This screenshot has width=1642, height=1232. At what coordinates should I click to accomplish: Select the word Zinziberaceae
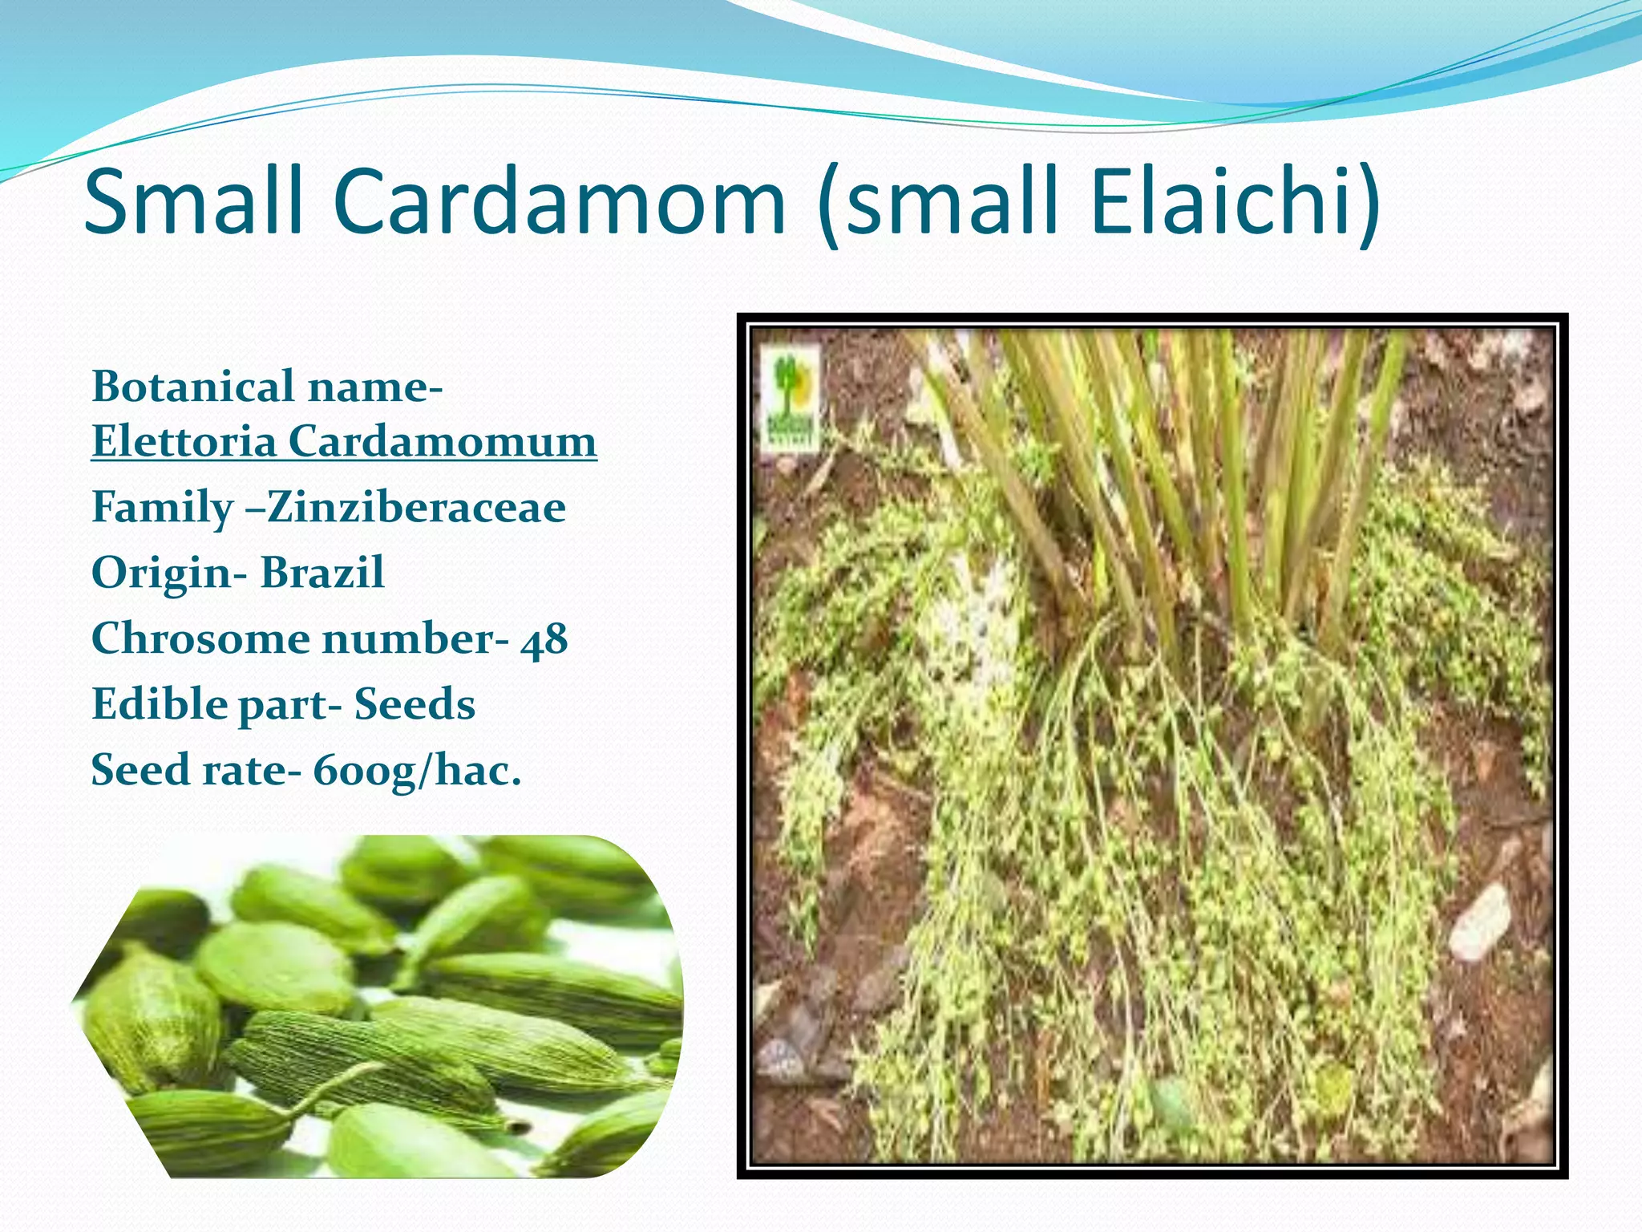pyautogui.click(x=416, y=508)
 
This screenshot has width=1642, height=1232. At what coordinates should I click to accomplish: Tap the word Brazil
pyautogui.click(x=322, y=573)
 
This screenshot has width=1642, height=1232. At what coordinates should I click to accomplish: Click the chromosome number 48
pyautogui.click(x=544, y=640)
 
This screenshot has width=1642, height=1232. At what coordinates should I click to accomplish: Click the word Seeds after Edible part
pyautogui.click(x=415, y=705)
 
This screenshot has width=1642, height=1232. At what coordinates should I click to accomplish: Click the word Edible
pyautogui.click(x=158, y=705)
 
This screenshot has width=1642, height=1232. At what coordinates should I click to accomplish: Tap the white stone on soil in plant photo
pyautogui.click(x=1479, y=922)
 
